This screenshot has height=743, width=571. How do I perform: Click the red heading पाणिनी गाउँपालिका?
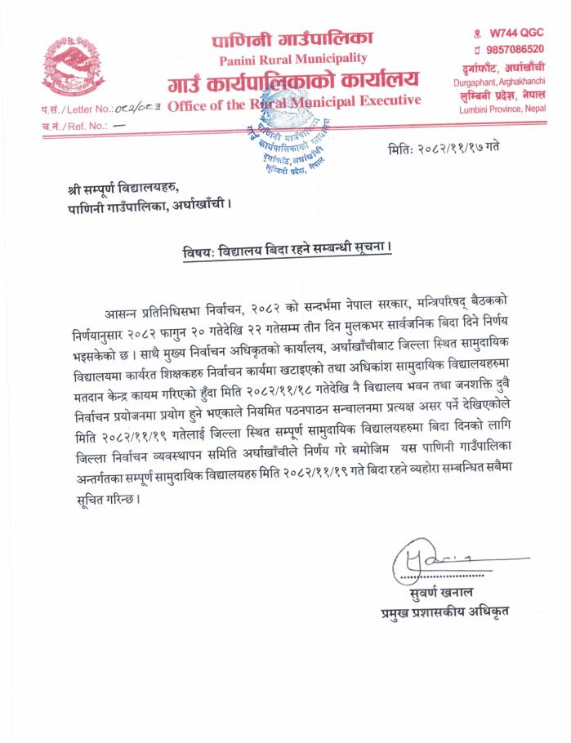click(292, 38)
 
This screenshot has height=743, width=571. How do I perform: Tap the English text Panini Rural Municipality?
click(292, 59)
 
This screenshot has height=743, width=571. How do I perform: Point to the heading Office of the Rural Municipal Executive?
click(294, 101)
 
